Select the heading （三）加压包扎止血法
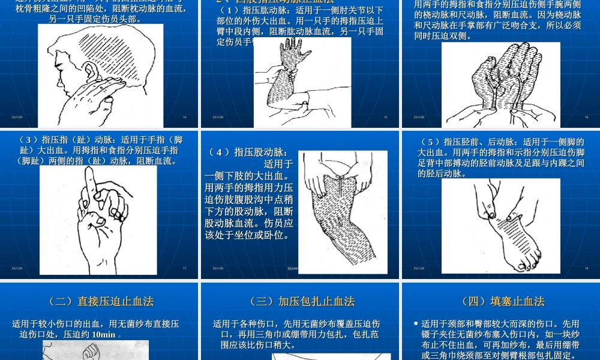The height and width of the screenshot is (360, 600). (x=302, y=301)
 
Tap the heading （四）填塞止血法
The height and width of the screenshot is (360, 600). (x=502, y=301)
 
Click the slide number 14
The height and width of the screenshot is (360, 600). (x=184, y=117)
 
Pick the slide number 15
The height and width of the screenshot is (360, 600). (x=385, y=117)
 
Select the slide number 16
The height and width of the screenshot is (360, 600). (x=586, y=117)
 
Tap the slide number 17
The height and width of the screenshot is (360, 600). (x=184, y=268)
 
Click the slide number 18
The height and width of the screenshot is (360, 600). (x=586, y=268)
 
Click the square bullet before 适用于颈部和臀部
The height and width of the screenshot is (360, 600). (x=416, y=324)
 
